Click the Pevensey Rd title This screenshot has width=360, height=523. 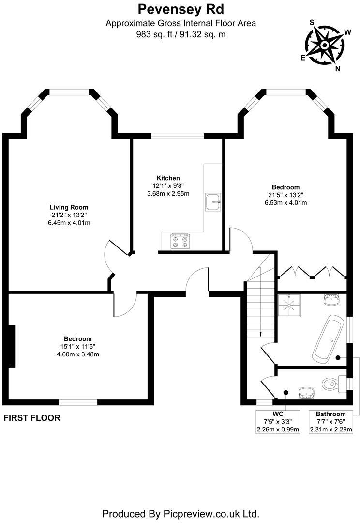click(x=180, y=9)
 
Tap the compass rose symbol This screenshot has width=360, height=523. click(x=325, y=46)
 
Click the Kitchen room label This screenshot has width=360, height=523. click(x=168, y=178)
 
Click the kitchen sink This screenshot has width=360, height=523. click(x=213, y=202)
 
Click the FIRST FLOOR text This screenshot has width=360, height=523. click(x=32, y=418)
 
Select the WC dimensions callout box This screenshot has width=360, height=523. click(x=278, y=421)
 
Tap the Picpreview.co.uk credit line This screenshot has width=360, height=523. click(x=180, y=513)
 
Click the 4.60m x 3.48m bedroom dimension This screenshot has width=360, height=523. click(x=78, y=354)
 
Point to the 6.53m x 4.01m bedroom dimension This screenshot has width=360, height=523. click(x=285, y=202)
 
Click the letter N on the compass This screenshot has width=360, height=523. click(x=338, y=68)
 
